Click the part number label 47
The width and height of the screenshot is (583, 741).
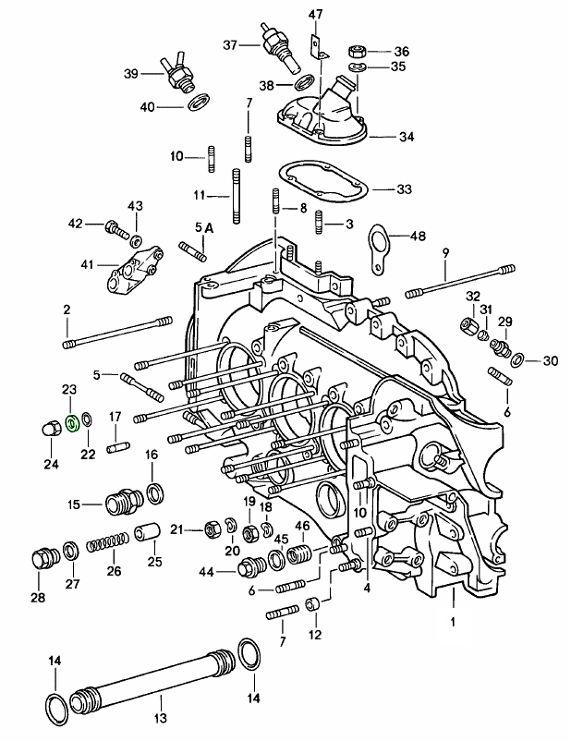tap(315, 13)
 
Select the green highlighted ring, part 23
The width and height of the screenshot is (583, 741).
tap(68, 424)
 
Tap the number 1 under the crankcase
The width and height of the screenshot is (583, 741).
tap(454, 621)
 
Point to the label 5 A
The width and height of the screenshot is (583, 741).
tap(203, 228)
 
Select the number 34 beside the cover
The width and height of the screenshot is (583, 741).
tap(407, 137)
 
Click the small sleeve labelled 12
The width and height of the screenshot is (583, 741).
tap(314, 605)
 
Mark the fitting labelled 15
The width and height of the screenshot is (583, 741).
tap(117, 504)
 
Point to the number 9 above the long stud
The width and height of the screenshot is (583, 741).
tap(445, 252)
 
